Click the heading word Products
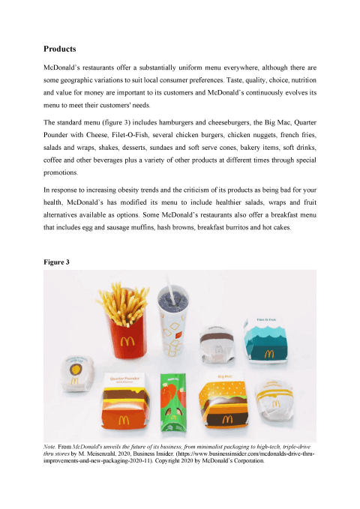60,49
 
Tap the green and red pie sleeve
174,409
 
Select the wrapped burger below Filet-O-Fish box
271,404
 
